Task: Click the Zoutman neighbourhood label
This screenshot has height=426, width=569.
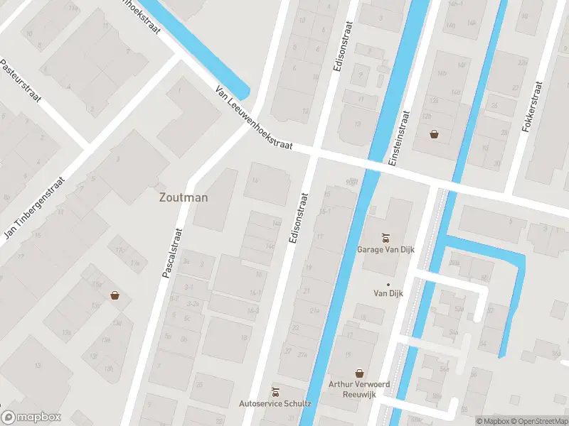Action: [x=184, y=197]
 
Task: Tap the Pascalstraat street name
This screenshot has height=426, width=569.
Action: [x=172, y=252]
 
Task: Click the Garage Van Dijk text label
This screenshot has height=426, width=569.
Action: [x=385, y=249]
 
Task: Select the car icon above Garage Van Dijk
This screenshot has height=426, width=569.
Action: [x=385, y=237]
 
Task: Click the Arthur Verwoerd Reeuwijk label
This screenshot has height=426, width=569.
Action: [x=359, y=389]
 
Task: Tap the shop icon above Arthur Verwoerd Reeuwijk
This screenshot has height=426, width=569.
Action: [x=359, y=373]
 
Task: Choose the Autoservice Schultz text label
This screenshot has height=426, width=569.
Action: [x=275, y=404]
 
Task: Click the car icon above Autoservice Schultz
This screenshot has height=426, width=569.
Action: [x=275, y=391]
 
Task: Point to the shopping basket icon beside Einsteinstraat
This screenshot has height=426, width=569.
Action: [x=434, y=133]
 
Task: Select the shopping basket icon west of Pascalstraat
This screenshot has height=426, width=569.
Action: [x=114, y=295]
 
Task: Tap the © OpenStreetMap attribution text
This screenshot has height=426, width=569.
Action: [x=538, y=421]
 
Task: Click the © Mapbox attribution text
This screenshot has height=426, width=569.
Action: [x=492, y=421]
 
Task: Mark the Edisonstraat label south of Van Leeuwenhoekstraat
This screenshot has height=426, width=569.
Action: [x=298, y=219]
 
